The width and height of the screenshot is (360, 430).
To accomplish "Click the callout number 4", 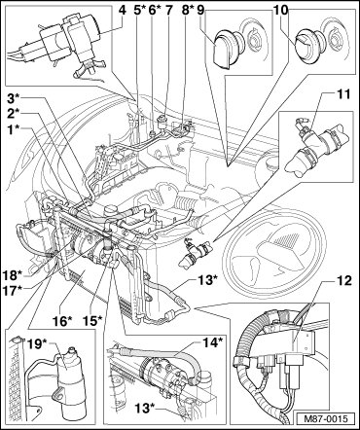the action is (122, 10).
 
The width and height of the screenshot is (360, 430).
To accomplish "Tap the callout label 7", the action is (169, 10).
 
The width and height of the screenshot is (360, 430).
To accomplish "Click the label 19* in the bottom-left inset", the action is (39, 343).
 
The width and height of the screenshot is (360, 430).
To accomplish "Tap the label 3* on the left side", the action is (16, 98).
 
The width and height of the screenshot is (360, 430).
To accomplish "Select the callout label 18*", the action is (14, 275).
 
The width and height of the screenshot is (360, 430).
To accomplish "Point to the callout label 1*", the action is (16, 130).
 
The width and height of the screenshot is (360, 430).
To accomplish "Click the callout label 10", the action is (281, 10).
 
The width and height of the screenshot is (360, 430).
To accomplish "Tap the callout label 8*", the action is (188, 10).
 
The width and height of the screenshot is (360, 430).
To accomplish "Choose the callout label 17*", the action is (14, 290).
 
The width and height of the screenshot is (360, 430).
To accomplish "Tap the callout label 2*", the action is (16, 114).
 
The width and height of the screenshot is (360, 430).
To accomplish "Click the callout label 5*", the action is (139, 10).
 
